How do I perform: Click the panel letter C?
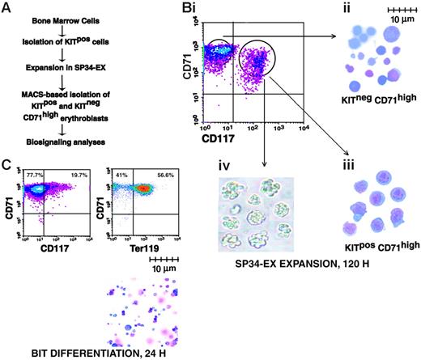pos(6,166)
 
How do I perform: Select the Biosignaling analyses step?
pos(74,148)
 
